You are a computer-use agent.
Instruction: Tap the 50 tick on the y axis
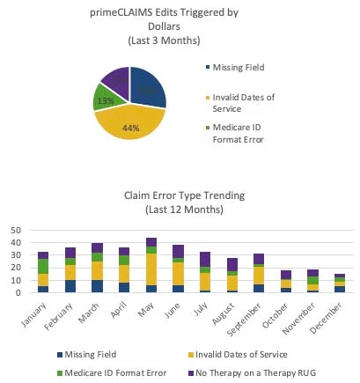point(15,231)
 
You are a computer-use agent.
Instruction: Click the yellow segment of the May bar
point(151,269)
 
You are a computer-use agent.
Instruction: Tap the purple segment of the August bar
point(232,265)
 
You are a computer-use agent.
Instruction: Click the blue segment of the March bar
point(98,286)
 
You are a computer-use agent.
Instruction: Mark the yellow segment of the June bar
point(179,274)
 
